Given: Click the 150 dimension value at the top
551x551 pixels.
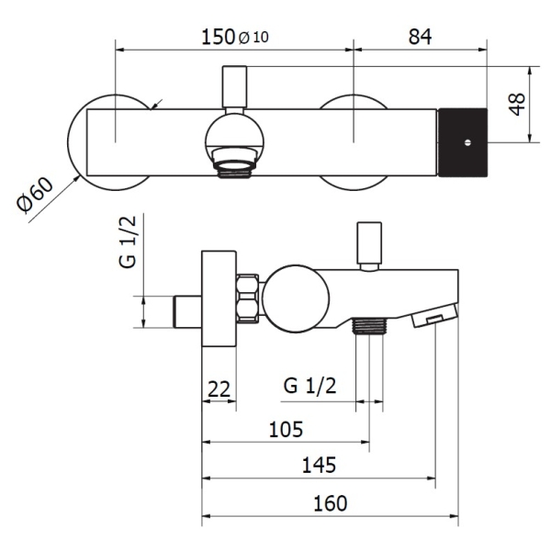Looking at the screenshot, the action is coord(218,37).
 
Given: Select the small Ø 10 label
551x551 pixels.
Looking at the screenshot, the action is coord(253,38).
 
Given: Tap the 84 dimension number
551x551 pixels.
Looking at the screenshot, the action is coord(420,37).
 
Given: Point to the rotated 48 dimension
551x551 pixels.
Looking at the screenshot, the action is coord(517,105).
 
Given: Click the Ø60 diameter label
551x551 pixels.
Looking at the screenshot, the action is coord(35,195).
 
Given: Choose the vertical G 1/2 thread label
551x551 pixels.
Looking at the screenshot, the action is coord(128,242).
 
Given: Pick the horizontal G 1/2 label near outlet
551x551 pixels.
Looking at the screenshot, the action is coord(309,386).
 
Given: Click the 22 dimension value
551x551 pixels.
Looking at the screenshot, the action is coord(219,388).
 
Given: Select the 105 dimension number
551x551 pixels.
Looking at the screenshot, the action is coord(286,429).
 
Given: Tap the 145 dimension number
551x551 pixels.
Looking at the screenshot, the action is coord(319,465).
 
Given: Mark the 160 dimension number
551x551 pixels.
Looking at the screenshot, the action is coord(330,503).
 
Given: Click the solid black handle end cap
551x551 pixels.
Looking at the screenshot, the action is coord(462,142).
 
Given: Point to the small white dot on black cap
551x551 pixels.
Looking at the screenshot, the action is coord(467,142).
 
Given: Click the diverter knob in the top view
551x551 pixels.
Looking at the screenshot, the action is coord(235,86).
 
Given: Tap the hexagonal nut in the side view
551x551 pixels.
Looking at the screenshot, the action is coord(248,298).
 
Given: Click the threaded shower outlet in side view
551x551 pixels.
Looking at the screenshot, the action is coord(369,325).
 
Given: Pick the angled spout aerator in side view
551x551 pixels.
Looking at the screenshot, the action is coord(435,316).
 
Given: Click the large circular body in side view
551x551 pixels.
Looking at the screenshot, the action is coord(296,298).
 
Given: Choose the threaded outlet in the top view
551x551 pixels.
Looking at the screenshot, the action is coord(235,163).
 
